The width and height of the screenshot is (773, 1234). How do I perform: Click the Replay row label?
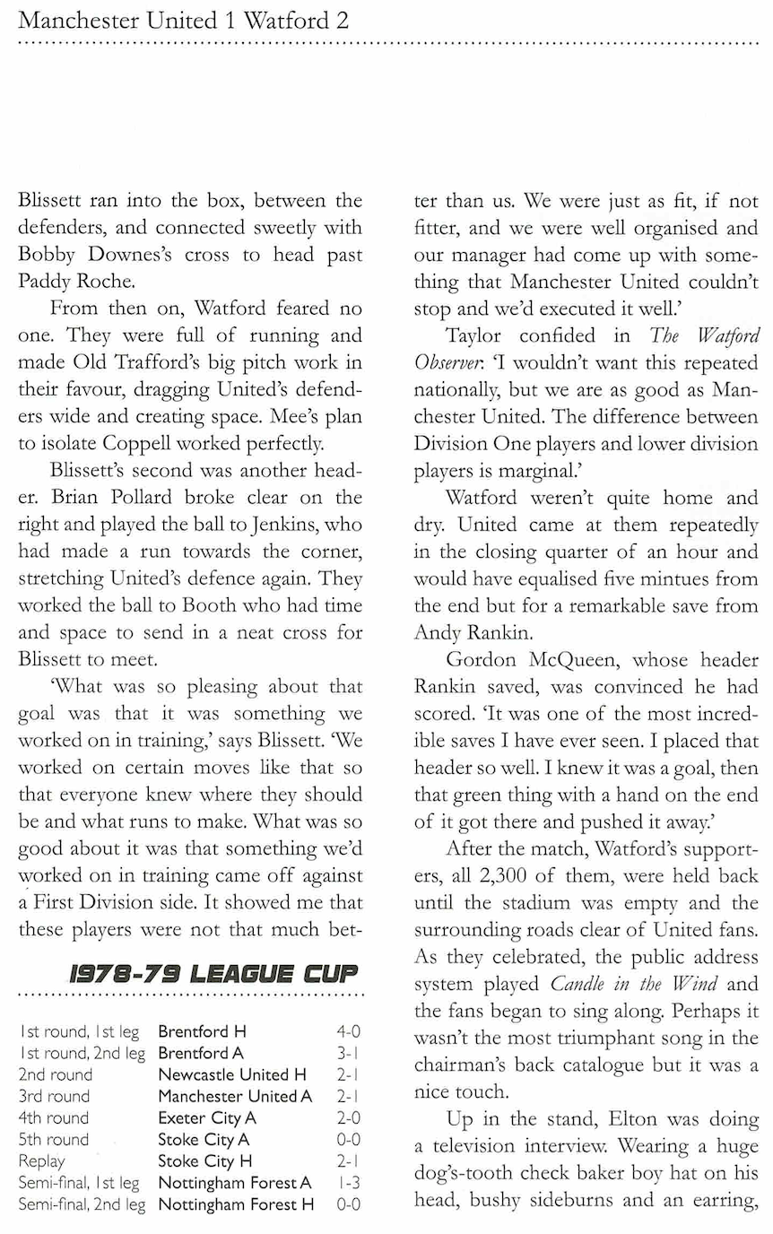[39, 1161]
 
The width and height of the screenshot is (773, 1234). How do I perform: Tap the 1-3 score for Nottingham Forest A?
[348, 1184]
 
